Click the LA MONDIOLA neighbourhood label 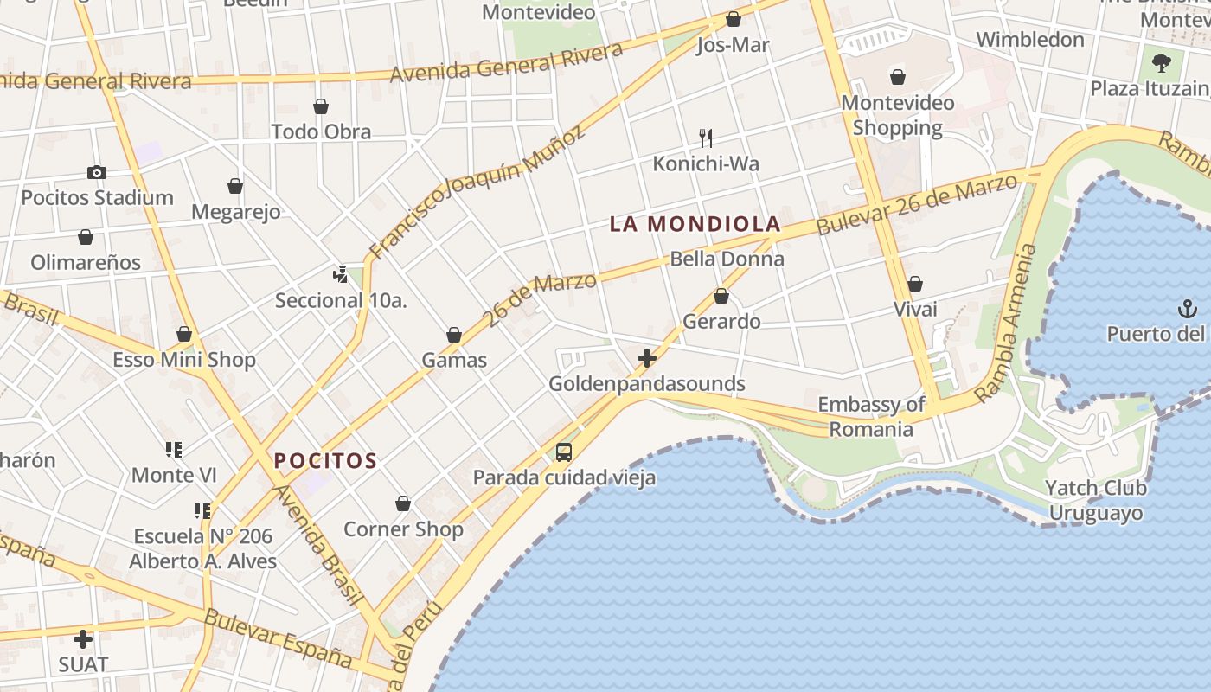click(695, 224)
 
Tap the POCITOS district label click(325, 460)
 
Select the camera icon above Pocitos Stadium click(97, 173)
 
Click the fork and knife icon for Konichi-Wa click(706, 138)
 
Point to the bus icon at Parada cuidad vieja click(564, 452)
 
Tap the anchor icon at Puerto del click(1188, 309)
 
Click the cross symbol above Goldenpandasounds click(647, 358)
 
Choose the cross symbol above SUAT click(83, 639)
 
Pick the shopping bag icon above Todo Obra click(321, 106)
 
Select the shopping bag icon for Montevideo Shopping click(898, 77)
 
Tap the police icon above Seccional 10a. click(340, 275)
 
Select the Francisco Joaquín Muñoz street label click(477, 191)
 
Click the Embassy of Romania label click(871, 417)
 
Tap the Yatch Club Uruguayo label click(1095, 500)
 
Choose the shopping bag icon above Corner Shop click(403, 503)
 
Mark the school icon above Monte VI click(174, 450)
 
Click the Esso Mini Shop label click(184, 360)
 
